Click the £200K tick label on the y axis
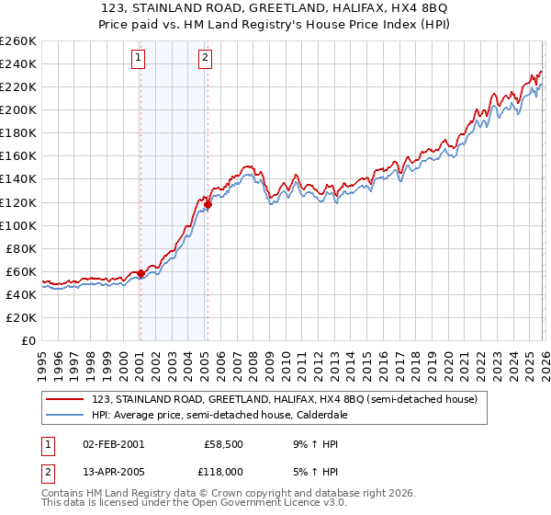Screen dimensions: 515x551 click(x=18, y=109)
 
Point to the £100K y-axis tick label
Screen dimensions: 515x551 click(x=18, y=225)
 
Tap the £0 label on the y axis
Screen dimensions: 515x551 click(x=28, y=340)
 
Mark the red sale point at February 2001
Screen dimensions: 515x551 click(x=141, y=273)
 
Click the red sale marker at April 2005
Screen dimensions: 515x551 click(x=208, y=204)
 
